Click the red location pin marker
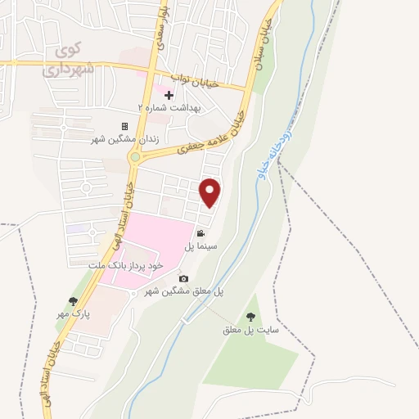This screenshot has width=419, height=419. click(x=211, y=192)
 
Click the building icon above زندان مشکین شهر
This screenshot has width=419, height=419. click(x=124, y=126)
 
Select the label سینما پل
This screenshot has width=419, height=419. click(x=199, y=246)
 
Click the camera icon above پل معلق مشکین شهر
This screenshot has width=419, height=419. click(x=183, y=279)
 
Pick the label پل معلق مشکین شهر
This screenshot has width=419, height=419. click(x=184, y=291)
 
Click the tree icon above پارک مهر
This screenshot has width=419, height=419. click(x=74, y=301)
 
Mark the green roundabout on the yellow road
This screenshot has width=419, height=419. click(x=135, y=157)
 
